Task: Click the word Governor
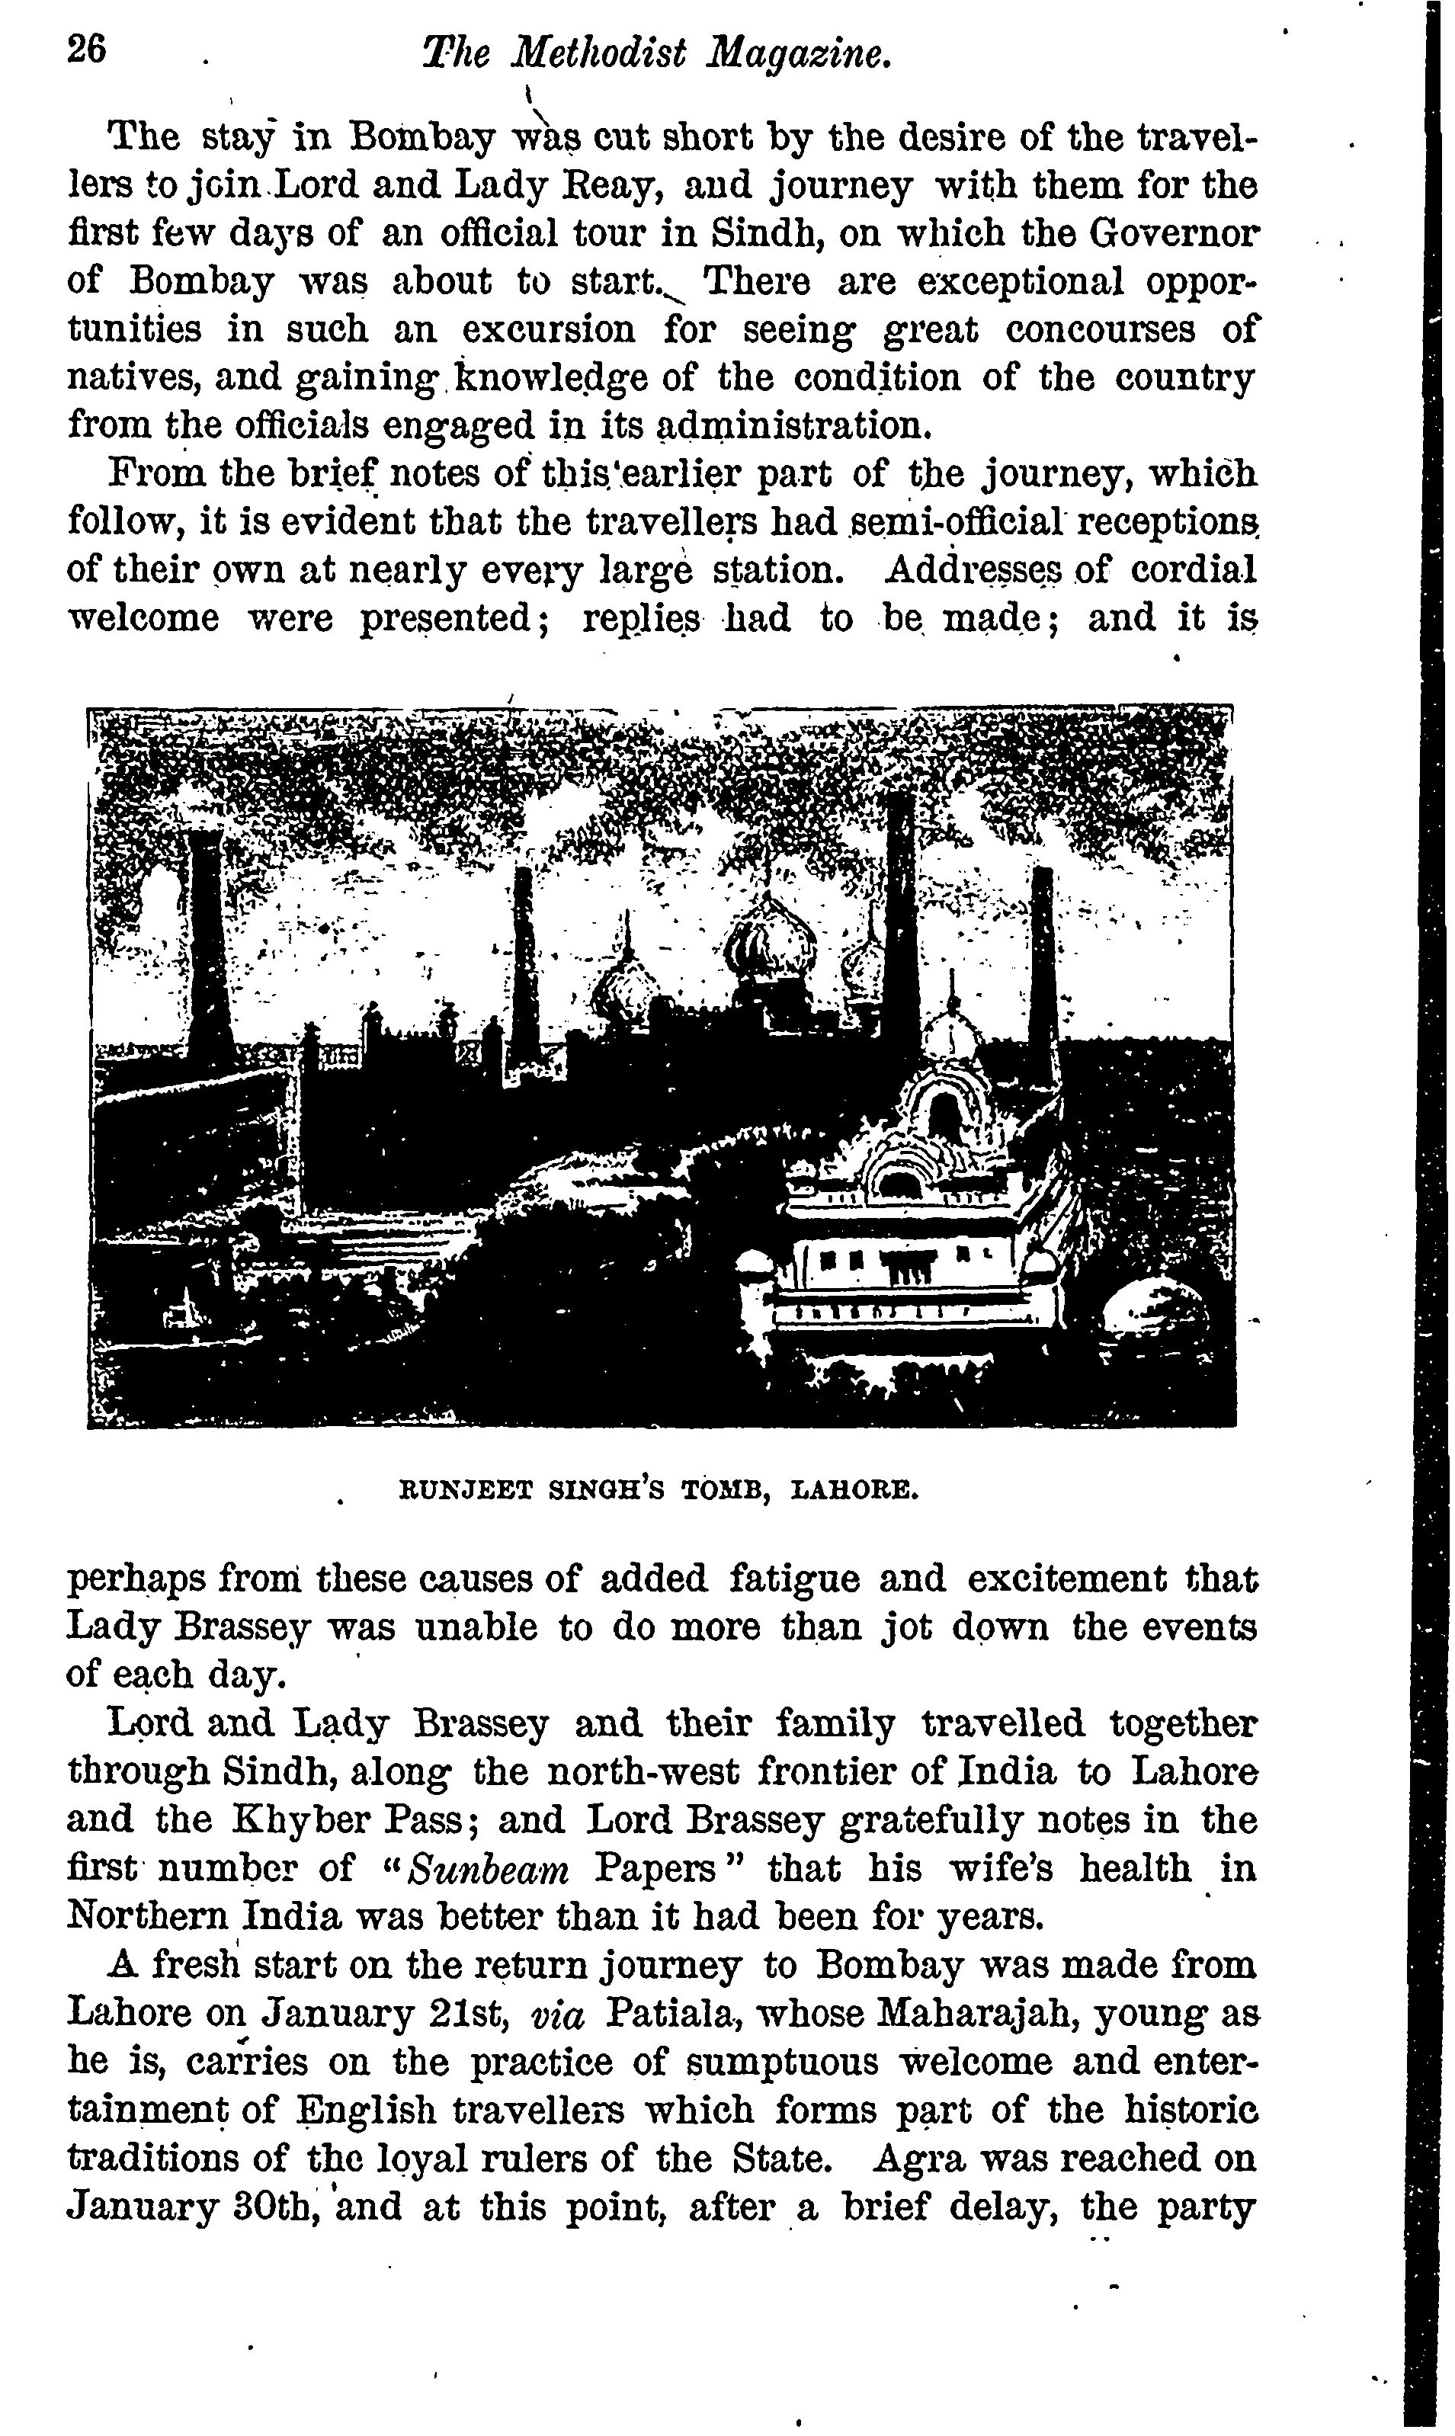(1175, 233)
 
